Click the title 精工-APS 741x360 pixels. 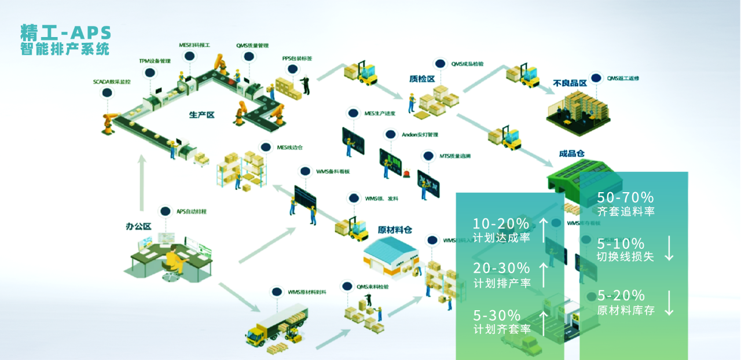[x=65, y=32]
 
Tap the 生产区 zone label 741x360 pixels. [x=201, y=115]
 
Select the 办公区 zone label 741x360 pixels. [x=138, y=226]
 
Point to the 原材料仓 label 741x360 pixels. [x=395, y=229]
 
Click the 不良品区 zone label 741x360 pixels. [x=570, y=83]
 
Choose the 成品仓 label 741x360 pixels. [x=571, y=153]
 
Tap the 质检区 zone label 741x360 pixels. [x=421, y=78]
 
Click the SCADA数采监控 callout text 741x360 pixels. [x=112, y=82]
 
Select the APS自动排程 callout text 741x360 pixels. [x=192, y=212]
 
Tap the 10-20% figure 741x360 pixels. [x=501, y=223]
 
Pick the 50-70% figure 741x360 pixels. [x=625, y=197]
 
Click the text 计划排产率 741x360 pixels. [x=501, y=284]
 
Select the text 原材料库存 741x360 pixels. [x=626, y=310]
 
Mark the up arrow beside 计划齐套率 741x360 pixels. [x=544, y=322]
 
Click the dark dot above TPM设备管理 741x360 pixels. [x=150, y=73]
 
